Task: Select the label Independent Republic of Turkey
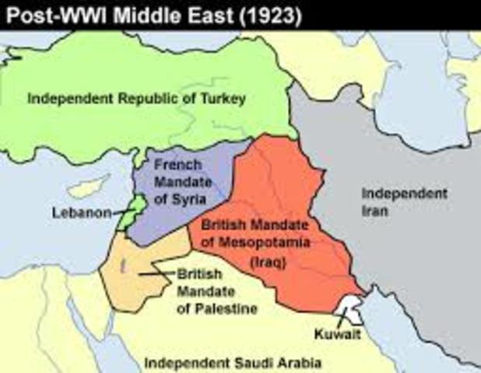137,99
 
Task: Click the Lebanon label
79,212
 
